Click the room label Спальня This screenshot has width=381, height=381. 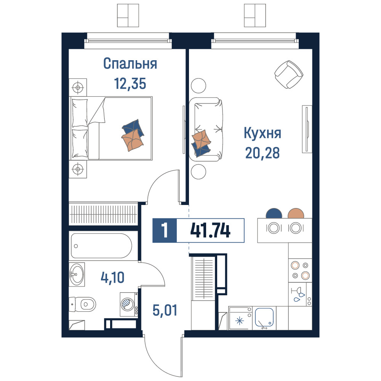click(130, 64)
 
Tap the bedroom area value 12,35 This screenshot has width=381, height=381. click(130, 83)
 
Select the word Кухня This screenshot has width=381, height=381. click(263, 133)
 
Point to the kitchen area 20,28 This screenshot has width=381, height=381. click(263, 153)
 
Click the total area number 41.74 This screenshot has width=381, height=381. click(210, 231)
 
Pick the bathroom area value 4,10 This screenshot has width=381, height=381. click(112, 277)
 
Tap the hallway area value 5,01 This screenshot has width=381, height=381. click(165, 310)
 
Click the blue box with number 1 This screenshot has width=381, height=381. click(165, 231)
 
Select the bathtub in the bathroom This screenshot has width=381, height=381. click(102, 246)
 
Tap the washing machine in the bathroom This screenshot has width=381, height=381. click(129, 304)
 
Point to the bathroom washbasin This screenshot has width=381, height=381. click(77, 274)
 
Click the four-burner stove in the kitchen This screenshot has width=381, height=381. click(300, 271)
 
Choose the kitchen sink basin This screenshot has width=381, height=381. click(264, 317)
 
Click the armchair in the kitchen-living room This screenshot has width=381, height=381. click(289, 74)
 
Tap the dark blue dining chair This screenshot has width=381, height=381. click(274, 213)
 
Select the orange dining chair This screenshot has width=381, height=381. click(296, 213)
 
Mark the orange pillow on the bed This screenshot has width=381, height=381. click(133, 141)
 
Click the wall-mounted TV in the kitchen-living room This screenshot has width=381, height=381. click(307, 129)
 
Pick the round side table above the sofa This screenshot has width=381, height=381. click(199, 85)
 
